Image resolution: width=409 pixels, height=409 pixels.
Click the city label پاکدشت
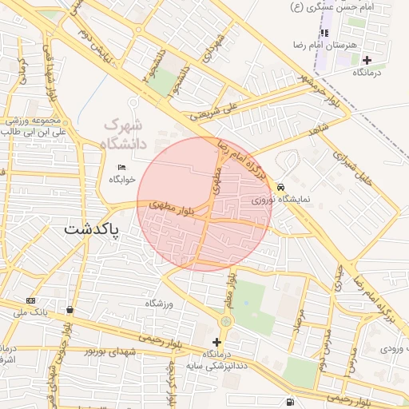[x=91, y=230]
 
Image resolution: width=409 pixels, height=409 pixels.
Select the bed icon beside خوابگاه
[x=121, y=167]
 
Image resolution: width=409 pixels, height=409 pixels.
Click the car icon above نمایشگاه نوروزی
[x=280, y=186]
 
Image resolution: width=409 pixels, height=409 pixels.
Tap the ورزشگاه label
[x=159, y=304]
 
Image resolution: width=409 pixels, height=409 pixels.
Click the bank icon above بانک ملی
[x=30, y=300]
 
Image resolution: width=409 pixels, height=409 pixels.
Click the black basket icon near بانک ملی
[x=71, y=309]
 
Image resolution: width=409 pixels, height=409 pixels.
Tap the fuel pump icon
[x=288, y=401]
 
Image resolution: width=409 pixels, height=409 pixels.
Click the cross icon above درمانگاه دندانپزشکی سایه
[x=216, y=342]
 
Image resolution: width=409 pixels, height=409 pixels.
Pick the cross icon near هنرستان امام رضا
[x=367, y=60]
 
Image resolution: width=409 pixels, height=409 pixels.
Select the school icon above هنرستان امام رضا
[x=324, y=33]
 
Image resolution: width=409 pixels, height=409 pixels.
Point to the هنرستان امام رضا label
[x=324, y=45]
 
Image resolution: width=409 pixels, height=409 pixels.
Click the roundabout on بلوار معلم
[x=226, y=321]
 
